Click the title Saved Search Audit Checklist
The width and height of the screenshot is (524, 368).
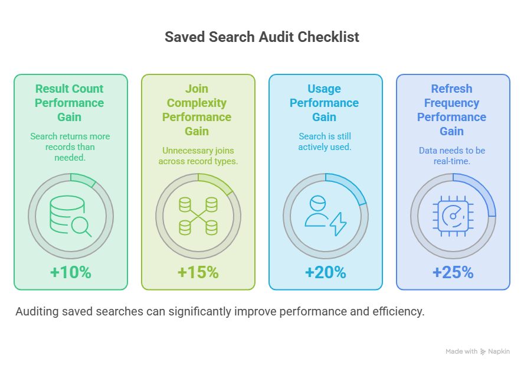pyautogui.click(x=261, y=37)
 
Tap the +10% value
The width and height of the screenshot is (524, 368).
pyautogui.click(x=70, y=272)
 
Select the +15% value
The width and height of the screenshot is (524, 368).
pyautogui.click(x=198, y=272)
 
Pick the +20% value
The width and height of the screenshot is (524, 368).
pyautogui.click(x=326, y=272)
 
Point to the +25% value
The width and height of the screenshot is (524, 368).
pyautogui.click(x=453, y=272)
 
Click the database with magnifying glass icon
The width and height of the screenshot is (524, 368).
pyautogui.click(x=70, y=216)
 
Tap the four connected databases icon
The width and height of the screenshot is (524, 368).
pyautogui.click(x=198, y=216)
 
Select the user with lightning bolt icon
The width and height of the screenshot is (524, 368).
pyautogui.click(x=326, y=216)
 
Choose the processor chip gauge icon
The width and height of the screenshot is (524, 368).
pyautogui.click(x=453, y=216)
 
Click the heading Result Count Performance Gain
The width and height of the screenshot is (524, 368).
pyautogui.click(x=69, y=103)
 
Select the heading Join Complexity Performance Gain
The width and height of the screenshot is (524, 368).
pyautogui.click(x=197, y=110)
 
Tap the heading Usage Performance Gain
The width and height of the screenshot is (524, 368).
pyautogui.click(x=324, y=103)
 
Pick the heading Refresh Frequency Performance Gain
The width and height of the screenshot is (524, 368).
pyautogui.click(x=451, y=110)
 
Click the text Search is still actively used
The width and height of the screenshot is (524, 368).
pyautogui.click(x=325, y=142)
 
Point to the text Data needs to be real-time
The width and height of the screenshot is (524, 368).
pyautogui.click(x=452, y=156)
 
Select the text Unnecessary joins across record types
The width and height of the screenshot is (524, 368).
pyautogui.click(x=198, y=156)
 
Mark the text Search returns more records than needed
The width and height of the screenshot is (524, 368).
pyautogui.click(x=70, y=147)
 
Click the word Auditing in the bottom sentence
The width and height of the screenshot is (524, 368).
pyautogui.click(x=37, y=312)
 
